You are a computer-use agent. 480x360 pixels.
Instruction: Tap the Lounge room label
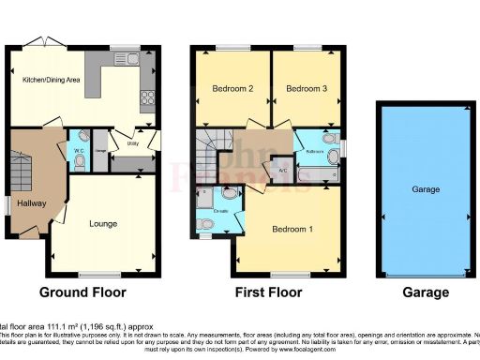104,225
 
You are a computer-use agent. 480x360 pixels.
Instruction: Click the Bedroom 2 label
227,90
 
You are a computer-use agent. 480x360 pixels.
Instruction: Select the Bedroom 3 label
307,90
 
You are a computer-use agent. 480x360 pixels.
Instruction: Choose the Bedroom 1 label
292,229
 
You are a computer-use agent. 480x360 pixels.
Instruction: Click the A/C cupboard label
282,171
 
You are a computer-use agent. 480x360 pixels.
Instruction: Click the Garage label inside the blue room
425,189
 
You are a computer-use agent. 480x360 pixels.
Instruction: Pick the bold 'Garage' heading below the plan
426,292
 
